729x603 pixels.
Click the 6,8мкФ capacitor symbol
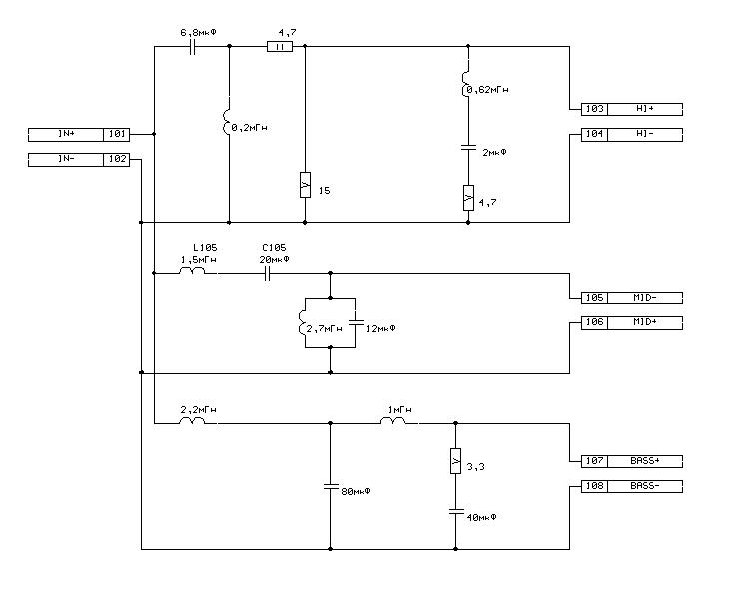pos(193,47)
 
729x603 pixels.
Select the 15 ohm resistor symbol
pos(305,185)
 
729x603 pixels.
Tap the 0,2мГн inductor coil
pos(227,122)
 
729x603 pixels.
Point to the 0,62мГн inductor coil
pos(465,84)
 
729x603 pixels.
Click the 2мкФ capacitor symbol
pos(468,148)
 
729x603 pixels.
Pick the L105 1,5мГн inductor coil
pos(192,271)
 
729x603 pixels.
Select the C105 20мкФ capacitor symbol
pos(267,274)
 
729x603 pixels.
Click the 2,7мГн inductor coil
pos(302,322)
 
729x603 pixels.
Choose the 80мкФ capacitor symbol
pos(331,487)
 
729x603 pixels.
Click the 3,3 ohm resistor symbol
pos(456,461)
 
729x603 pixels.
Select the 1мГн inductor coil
pos(393,421)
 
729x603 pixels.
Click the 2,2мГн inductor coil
pos(192,421)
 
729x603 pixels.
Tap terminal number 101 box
pos(116,135)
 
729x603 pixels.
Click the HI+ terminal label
pos(645,109)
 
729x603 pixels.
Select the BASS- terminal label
pos(645,487)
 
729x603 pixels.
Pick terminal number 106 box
pos(594,323)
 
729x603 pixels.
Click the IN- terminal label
pos(66,160)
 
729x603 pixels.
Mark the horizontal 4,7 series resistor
pos(280,47)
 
